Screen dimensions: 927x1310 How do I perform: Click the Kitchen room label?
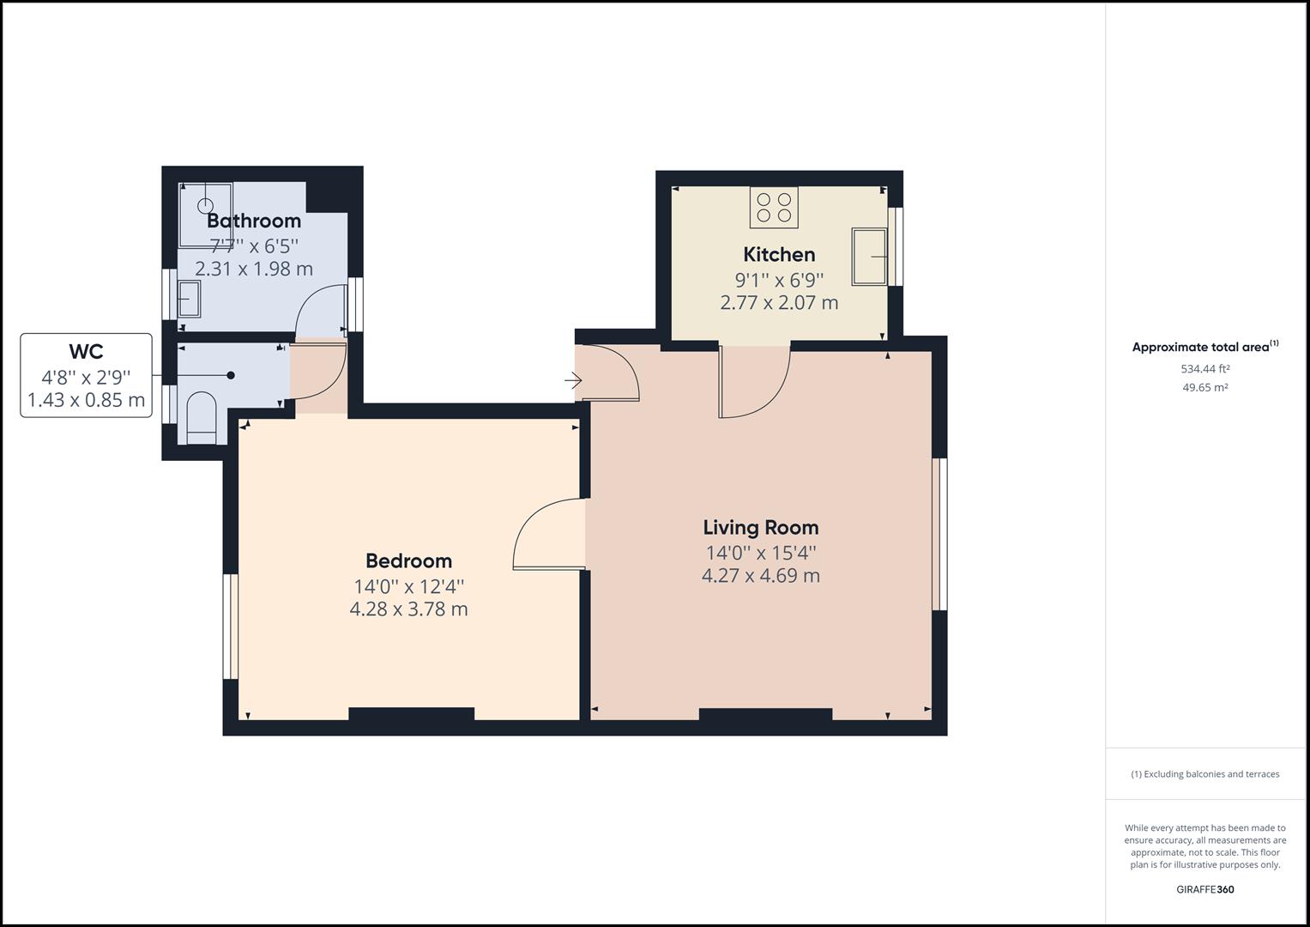pos(779,254)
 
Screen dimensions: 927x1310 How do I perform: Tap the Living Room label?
pos(760,527)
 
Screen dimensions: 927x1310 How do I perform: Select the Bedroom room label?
pos(408,560)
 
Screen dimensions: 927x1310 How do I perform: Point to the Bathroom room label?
pos(254,221)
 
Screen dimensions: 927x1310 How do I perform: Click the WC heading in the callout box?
pos(86,351)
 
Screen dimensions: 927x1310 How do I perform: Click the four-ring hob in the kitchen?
pos(774,208)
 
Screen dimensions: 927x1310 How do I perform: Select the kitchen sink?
pos(868,256)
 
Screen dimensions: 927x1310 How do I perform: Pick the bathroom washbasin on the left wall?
pos(189,299)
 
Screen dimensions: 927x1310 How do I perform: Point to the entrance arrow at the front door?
pos(573,379)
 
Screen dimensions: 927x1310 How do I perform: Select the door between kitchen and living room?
pos(755,382)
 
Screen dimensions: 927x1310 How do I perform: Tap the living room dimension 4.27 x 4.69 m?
pos(760,576)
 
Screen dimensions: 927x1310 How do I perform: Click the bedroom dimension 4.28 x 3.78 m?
pos(408,609)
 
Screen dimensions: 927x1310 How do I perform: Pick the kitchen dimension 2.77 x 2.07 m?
pos(779,303)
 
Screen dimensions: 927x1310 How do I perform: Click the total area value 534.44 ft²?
pos(1204,369)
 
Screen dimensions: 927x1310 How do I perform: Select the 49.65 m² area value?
pos(1204,387)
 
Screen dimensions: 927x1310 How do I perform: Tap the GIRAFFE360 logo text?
pos(1204,889)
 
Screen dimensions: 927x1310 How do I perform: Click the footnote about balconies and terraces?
pos(1204,774)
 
